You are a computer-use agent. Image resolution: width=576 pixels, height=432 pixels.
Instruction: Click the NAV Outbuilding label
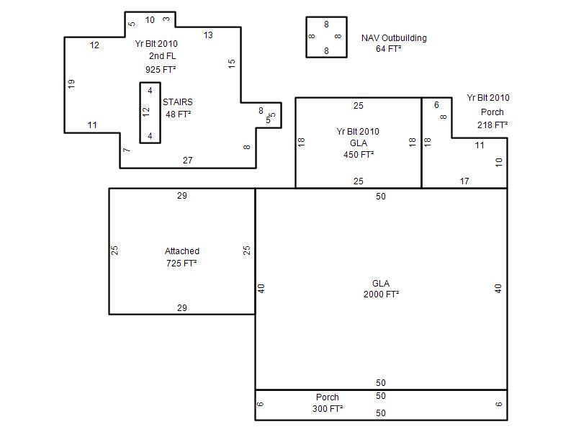394,38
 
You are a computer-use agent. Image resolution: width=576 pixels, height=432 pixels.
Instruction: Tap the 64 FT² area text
388,49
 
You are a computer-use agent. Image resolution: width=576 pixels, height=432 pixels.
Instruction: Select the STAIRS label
177,102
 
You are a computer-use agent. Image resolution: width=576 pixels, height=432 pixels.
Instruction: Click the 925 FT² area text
161,69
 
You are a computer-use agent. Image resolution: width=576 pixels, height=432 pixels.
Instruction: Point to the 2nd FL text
163,56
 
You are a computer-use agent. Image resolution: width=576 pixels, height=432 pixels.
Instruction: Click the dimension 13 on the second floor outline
208,35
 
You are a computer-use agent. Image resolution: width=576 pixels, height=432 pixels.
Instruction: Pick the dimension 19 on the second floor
71,84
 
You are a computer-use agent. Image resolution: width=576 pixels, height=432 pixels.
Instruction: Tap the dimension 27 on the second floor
188,161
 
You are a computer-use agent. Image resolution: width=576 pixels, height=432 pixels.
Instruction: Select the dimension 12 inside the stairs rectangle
146,112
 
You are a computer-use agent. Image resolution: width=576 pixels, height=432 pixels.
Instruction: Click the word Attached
182,251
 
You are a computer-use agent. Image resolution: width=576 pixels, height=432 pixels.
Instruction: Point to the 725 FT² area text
181,264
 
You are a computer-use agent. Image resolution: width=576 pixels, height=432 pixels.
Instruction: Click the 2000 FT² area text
381,294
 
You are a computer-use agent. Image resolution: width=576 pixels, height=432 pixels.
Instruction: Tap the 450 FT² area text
359,155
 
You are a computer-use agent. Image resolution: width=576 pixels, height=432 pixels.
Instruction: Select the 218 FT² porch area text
492,125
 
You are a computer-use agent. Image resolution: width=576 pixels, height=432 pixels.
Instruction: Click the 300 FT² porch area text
328,409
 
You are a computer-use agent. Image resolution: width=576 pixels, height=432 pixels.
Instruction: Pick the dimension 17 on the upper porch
464,181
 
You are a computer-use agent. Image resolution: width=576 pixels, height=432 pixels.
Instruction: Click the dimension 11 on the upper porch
480,145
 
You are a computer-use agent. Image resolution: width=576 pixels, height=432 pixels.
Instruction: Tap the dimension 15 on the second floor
231,63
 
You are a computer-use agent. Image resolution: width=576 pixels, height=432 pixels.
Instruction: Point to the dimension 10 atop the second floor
150,20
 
